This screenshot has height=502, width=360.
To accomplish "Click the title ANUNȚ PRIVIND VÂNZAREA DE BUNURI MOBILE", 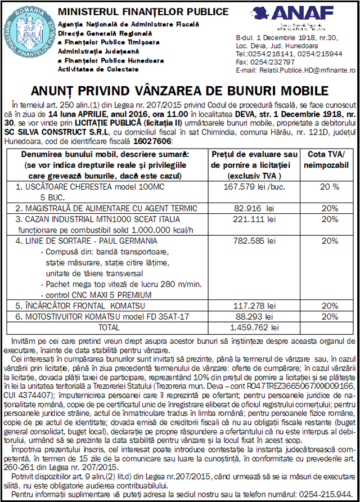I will click(x=180, y=91).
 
